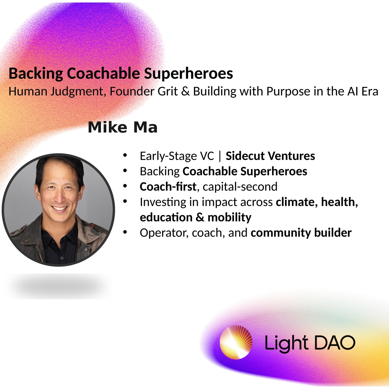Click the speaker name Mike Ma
pos(123,127)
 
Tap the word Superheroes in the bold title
pos(188,73)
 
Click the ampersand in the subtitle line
pos(185,91)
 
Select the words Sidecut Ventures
pos(270,156)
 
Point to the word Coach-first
pos(168,186)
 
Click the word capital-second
pos(240,187)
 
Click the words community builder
pos(301,233)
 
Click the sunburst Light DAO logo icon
pos(236,343)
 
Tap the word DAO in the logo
pos(335,343)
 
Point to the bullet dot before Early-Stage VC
pos(125,155)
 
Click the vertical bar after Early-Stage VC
pos(220,156)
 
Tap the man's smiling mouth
pos(59,208)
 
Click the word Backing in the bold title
pos(36,74)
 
